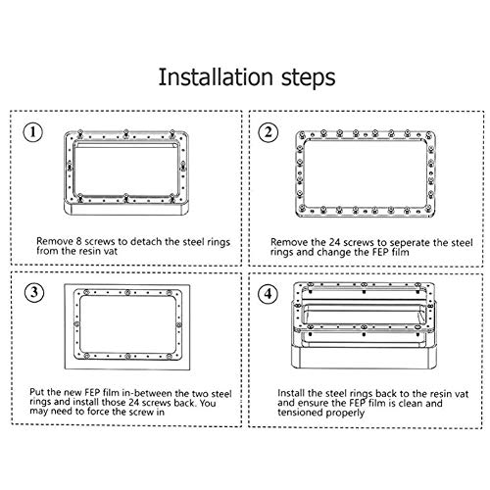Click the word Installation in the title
216,77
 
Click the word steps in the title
309,78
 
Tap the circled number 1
32,132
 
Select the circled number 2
269,132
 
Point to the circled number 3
34,292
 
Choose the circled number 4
269,294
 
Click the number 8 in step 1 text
78,242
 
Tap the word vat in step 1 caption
111,251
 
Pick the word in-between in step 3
147,393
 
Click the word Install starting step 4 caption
291,393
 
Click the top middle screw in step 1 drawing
125,133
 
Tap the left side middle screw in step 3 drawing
76,324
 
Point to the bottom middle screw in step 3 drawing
127,356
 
